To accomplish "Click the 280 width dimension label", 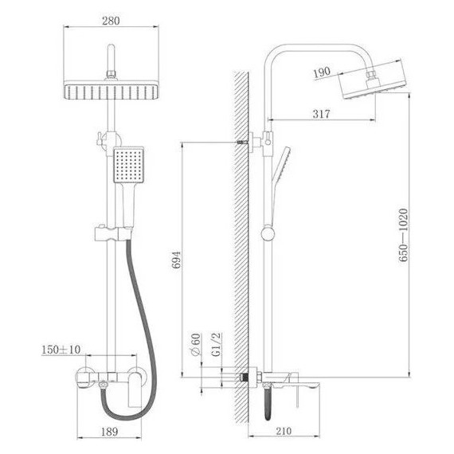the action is click(111, 21).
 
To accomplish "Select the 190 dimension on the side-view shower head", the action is click(322, 72).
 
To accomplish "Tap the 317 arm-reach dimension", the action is click(321, 114).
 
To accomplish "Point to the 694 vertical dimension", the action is click(177, 260).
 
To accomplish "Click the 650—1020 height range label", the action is click(403, 235).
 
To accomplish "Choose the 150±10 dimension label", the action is click(61, 350).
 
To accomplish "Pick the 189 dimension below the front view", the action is click(109, 432).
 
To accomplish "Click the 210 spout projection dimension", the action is click(284, 431).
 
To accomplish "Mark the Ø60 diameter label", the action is click(195, 345).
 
